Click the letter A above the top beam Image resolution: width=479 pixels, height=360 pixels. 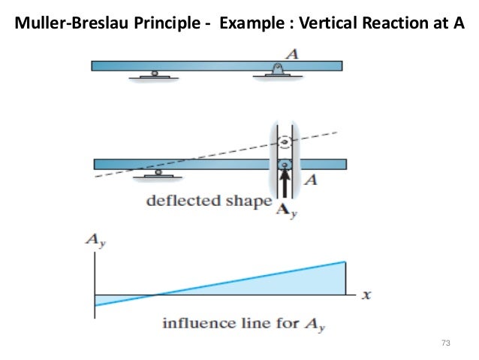tap(285, 53)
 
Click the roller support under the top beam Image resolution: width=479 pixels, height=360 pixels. tap(154, 74)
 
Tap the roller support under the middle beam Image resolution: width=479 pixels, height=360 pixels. tap(158, 173)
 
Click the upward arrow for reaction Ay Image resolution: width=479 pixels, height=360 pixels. tap(284, 183)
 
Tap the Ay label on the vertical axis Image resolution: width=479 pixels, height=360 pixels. tap(94, 241)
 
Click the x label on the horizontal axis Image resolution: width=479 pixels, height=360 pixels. tap(366, 295)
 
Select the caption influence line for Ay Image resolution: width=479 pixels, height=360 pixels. tap(246, 325)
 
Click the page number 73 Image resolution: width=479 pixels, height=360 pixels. tap(445, 343)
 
